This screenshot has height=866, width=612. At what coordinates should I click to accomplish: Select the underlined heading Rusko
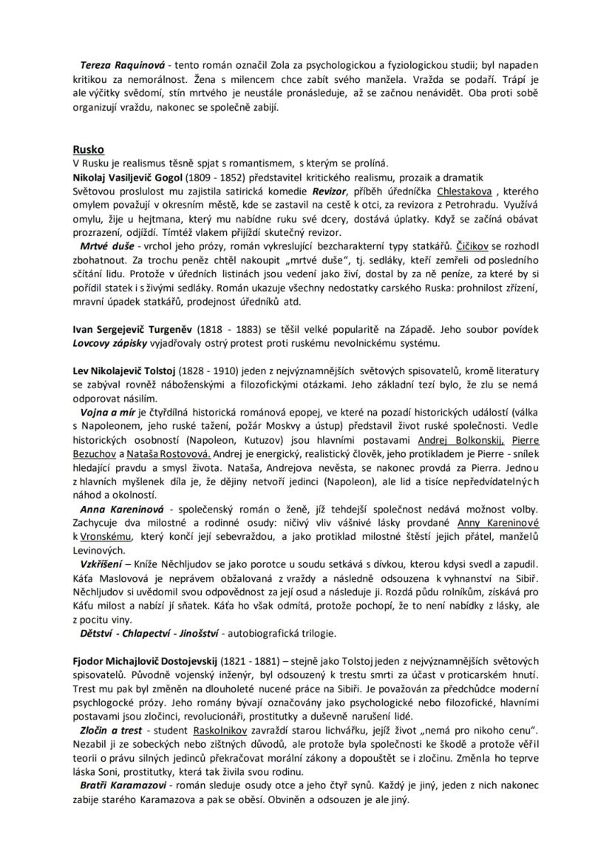[x=88, y=149]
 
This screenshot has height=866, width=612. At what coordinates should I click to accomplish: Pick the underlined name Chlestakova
[x=464, y=190]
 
